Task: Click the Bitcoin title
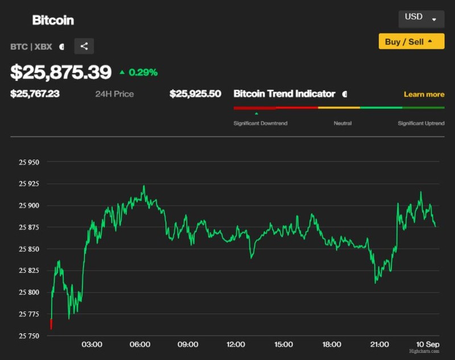tap(53, 20)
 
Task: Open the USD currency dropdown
tap(421, 18)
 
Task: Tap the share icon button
tap(84, 47)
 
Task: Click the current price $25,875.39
tap(61, 72)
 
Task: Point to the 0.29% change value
tap(143, 72)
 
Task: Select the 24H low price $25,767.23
tap(35, 94)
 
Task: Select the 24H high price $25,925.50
tap(195, 94)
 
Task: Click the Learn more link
tap(424, 94)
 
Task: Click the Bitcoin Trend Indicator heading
tap(284, 94)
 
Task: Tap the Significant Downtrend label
tap(260, 123)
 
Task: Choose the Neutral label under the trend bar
tap(342, 123)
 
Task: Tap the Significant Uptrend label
tap(421, 123)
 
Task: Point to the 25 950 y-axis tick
tap(29, 162)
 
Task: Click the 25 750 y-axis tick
tap(29, 336)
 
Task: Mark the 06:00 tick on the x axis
tap(140, 345)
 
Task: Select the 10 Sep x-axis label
tap(428, 345)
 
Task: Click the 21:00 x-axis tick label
tap(379, 345)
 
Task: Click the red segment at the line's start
tap(51, 324)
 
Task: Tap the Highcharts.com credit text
tap(424, 351)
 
